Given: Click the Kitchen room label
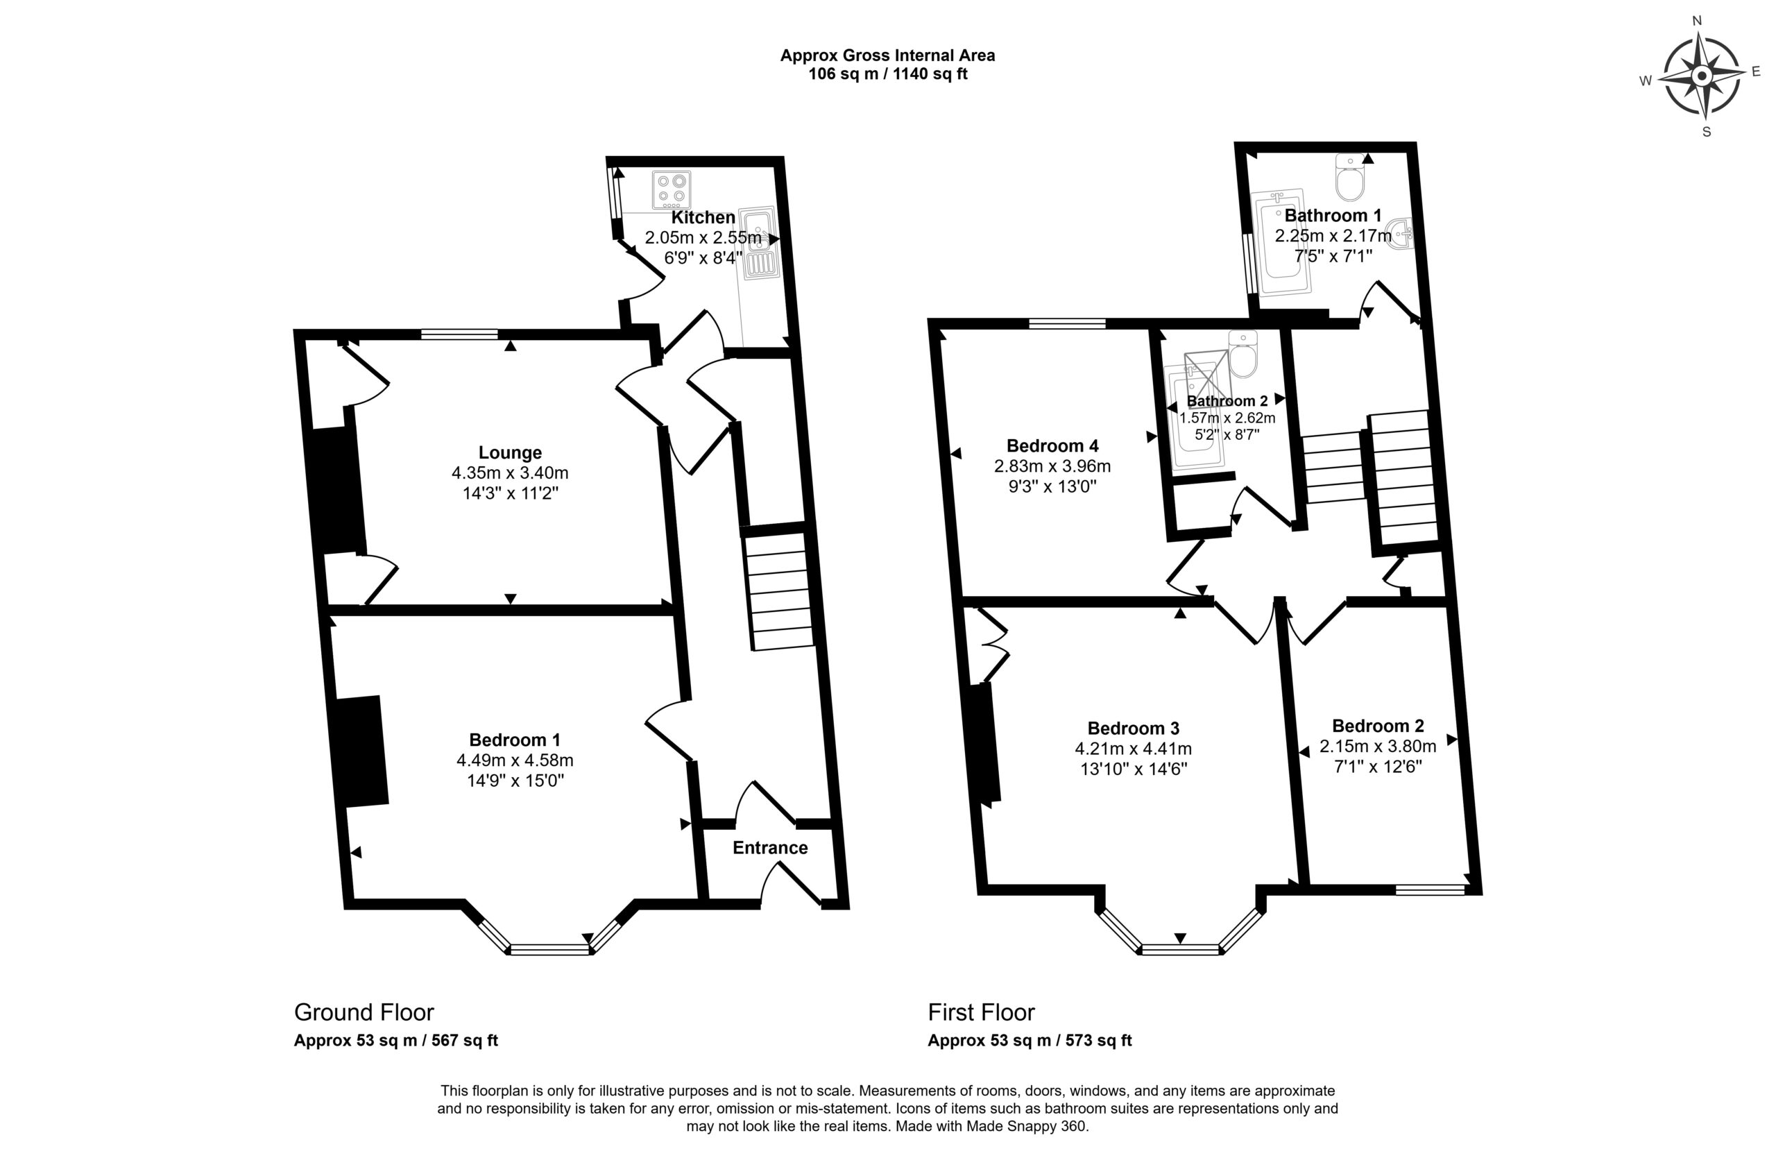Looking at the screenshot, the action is coord(703,218).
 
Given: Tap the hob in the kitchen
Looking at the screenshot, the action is coord(671,190).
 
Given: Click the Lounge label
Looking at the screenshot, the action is coord(510,453).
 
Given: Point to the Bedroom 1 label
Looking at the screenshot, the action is coord(514,740).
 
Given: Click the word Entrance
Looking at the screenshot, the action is coord(770,848).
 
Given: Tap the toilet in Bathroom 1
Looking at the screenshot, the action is coord(1350,178).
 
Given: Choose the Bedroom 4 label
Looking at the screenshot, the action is coord(1052,446).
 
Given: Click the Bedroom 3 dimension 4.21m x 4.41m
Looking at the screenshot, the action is coord(1133,749).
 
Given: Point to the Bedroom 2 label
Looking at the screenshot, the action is coord(1378,726).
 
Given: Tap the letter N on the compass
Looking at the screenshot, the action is coord(1696,42).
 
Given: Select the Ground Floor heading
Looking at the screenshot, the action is coord(364,1012).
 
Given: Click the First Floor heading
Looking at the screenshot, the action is coord(981,1012).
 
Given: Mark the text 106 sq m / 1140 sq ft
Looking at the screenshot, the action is coord(888,75).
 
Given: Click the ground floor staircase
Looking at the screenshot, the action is coord(778,588).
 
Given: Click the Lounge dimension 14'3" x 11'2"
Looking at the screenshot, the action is coord(511,493).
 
